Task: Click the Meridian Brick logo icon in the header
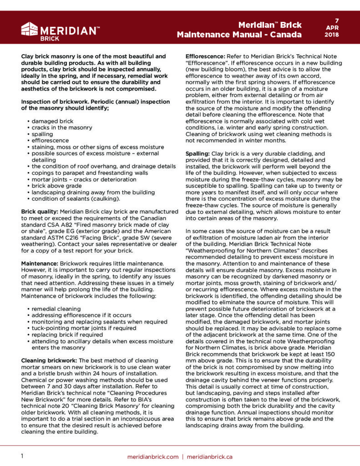point(29,30)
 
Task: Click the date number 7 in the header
point(337,20)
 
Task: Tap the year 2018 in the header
point(337,35)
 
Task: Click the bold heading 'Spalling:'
point(197,154)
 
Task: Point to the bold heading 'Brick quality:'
point(40,212)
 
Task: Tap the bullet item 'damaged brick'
point(52,122)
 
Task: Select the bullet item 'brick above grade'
point(57,186)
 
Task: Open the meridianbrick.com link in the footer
point(153,456)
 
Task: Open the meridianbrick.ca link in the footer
point(210,456)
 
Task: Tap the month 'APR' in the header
point(337,28)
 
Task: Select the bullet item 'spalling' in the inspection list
point(42,134)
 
